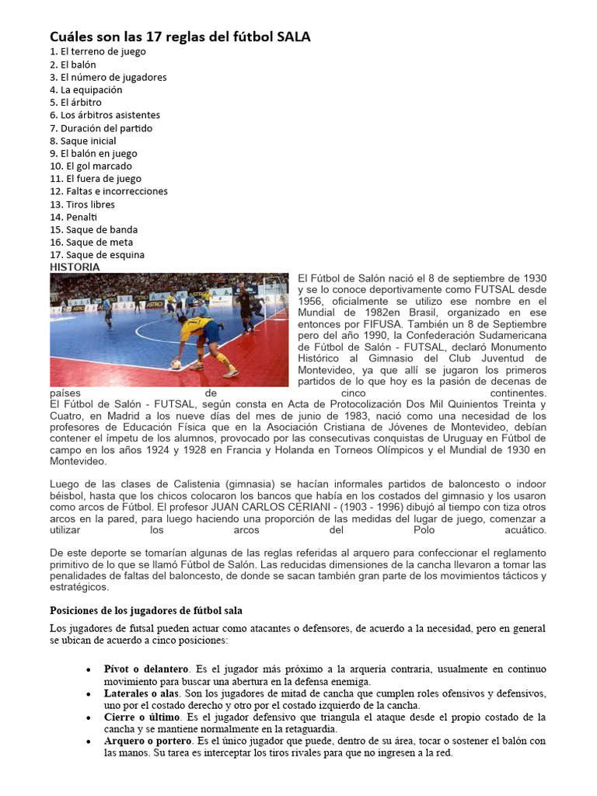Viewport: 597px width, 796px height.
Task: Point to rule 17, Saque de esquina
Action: point(97,255)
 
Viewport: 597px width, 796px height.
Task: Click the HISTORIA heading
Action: point(75,267)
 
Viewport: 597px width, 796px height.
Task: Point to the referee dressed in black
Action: point(246,308)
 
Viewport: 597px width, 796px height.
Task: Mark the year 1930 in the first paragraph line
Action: point(531,278)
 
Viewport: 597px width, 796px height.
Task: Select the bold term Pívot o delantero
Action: point(146,669)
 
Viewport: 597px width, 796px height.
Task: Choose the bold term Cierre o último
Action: point(141,717)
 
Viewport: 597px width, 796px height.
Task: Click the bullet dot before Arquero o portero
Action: point(89,742)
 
